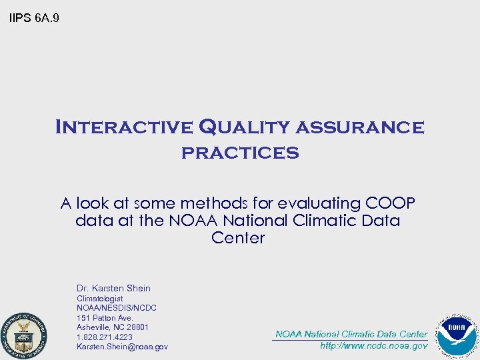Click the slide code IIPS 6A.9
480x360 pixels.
click(34, 18)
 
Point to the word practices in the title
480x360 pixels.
click(240, 153)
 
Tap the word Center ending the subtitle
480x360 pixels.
click(238, 238)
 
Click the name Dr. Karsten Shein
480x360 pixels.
click(113, 288)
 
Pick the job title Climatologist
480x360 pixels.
click(100, 299)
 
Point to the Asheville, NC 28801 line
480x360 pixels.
click(113, 327)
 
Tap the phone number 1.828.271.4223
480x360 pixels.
click(105, 337)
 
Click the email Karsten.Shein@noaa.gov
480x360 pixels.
click(122, 347)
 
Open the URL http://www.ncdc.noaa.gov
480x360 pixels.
click(373, 346)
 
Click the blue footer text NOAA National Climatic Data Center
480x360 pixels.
click(351, 334)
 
